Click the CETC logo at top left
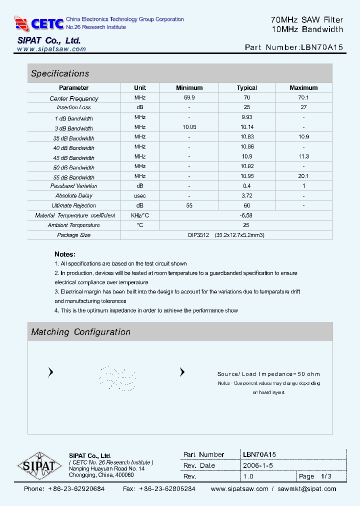click(x=39, y=23)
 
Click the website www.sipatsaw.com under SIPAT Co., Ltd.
click(x=51, y=49)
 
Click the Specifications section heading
click(x=60, y=73)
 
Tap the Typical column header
click(x=246, y=88)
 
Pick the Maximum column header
click(x=303, y=88)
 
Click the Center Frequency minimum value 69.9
click(x=189, y=97)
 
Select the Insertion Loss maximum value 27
click(x=303, y=107)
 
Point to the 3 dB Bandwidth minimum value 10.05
click(x=189, y=127)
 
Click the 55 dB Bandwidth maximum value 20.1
click(x=303, y=176)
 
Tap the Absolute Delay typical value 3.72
click(x=246, y=195)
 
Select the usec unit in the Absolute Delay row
click(x=140, y=195)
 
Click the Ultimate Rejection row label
click(x=74, y=205)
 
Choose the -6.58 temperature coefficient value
click(x=246, y=215)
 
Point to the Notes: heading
click(x=65, y=254)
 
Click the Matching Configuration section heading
click(x=80, y=332)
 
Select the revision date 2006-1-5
click(x=258, y=465)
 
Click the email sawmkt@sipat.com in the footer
click(x=307, y=489)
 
